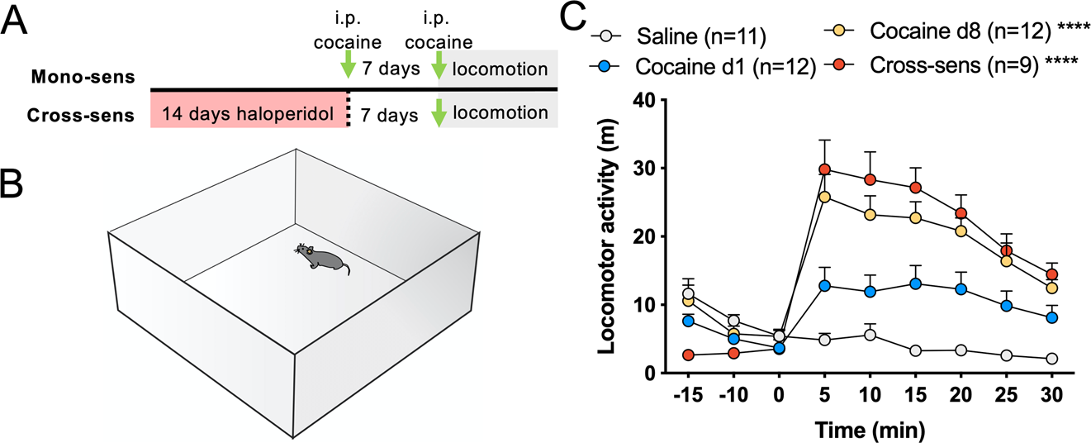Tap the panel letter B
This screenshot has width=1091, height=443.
(17, 183)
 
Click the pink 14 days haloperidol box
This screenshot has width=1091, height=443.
(247, 114)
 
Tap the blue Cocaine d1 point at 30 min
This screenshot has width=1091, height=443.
(1051, 317)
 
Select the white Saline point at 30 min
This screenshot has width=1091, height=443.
(1051, 359)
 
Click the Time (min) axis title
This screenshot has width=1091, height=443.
(869, 429)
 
